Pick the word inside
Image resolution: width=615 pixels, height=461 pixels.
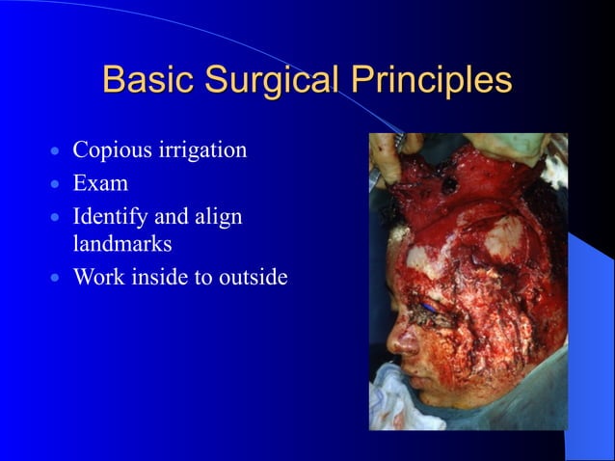pos(161,278)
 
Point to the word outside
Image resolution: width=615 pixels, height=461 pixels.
pos(254,278)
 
